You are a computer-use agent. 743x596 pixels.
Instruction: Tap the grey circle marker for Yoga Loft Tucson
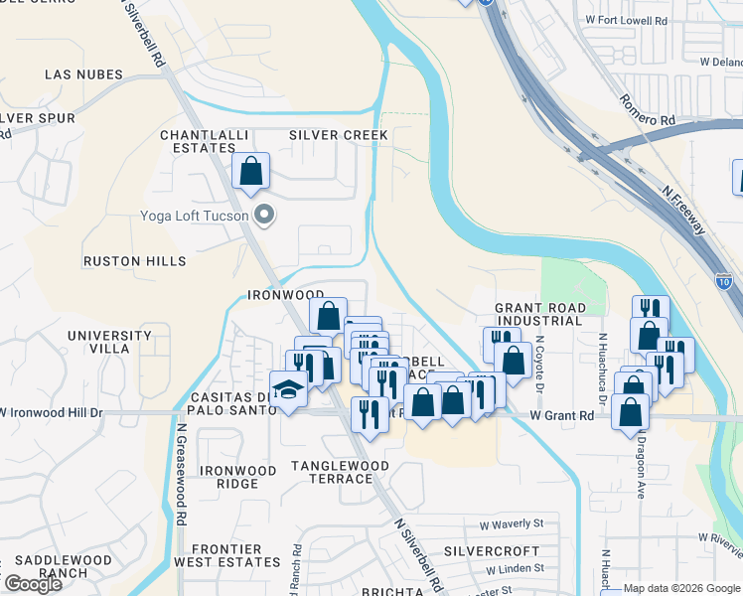pyautogui.click(x=264, y=215)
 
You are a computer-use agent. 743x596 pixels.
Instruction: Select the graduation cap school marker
pyautogui.click(x=288, y=388)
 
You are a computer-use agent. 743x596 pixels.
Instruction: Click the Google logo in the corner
pyautogui.click(x=34, y=584)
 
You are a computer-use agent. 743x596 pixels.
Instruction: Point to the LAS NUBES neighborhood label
pyautogui.click(x=83, y=74)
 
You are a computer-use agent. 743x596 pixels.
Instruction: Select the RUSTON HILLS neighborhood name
pyautogui.click(x=134, y=261)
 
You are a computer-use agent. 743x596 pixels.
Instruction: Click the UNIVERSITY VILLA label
pyautogui.click(x=111, y=343)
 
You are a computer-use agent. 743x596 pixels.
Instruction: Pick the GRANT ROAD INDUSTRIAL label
pyautogui.click(x=539, y=315)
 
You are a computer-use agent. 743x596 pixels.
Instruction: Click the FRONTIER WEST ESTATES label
pyautogui.click(x=225, y=555)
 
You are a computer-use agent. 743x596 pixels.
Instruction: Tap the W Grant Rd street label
pyautogui.click(x=561, y=416)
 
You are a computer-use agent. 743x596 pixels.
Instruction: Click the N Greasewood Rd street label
pyautogui.click(x=182, y=476)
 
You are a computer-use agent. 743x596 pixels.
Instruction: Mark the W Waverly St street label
pyautogui.click(x=512, y=523)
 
